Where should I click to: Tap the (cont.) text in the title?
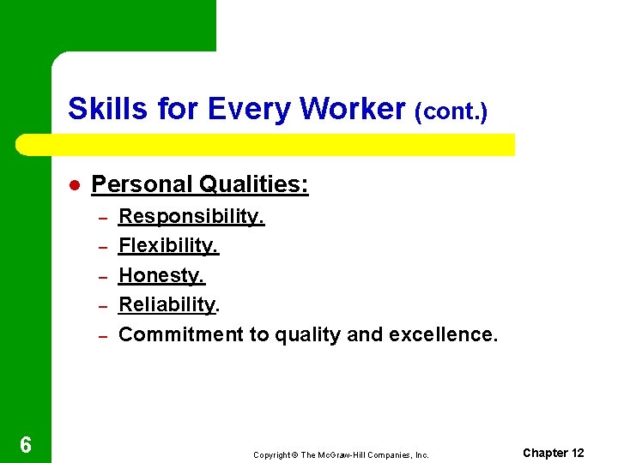451,111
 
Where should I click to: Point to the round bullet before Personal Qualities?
75,185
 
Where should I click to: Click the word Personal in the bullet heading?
142,184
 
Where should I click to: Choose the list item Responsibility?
191,216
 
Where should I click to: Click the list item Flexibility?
168,246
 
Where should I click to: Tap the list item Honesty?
161,275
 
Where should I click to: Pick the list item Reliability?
168,304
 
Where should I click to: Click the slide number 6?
26,444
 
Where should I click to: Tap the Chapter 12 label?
553,453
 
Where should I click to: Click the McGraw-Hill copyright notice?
341,454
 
